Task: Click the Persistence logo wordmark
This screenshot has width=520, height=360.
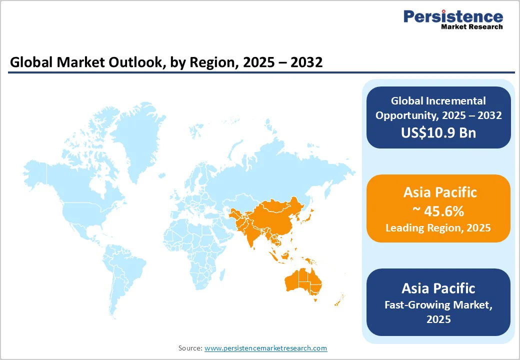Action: [x=453, y=16]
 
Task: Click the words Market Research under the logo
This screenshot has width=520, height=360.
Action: [x=471, y=26]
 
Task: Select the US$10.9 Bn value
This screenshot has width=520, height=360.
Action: [x=438, y=132]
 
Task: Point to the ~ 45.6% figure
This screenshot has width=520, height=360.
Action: [x=438, y=211]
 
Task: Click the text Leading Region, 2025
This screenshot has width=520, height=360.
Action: [x=438, y=228]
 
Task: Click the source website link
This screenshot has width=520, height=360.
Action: [x=265, y=348]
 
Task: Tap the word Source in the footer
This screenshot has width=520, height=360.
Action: [x=190, y=348]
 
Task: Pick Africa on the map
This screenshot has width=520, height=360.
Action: [x=197, y=245]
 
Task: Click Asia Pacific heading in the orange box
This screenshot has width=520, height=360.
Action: [x=438, y=192]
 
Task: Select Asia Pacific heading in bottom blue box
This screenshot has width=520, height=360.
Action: [x=438, y=288]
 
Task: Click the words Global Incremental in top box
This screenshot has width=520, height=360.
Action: [x=438, y=101]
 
